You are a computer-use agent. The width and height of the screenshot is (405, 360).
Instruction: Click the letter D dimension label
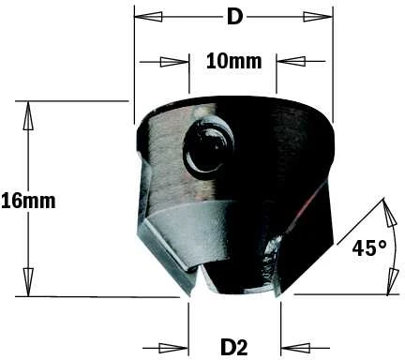[x=234, y=17]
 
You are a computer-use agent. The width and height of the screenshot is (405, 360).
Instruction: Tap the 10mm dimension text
[x=233, y=61]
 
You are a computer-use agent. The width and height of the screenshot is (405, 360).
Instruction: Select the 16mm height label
[x=28, y=201]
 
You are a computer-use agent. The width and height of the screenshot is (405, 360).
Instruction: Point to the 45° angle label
[x=369, y=248]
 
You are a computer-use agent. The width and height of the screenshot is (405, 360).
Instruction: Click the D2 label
[x=234, y=347]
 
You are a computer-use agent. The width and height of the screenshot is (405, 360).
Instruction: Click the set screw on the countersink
[x=208, y=146]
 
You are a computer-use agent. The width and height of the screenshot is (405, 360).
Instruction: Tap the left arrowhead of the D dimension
[x=148, y=17]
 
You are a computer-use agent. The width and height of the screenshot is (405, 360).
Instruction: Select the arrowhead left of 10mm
[x=174, y=62]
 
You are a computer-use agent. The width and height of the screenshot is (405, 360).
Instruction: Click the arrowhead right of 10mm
[x=291, y=61]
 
